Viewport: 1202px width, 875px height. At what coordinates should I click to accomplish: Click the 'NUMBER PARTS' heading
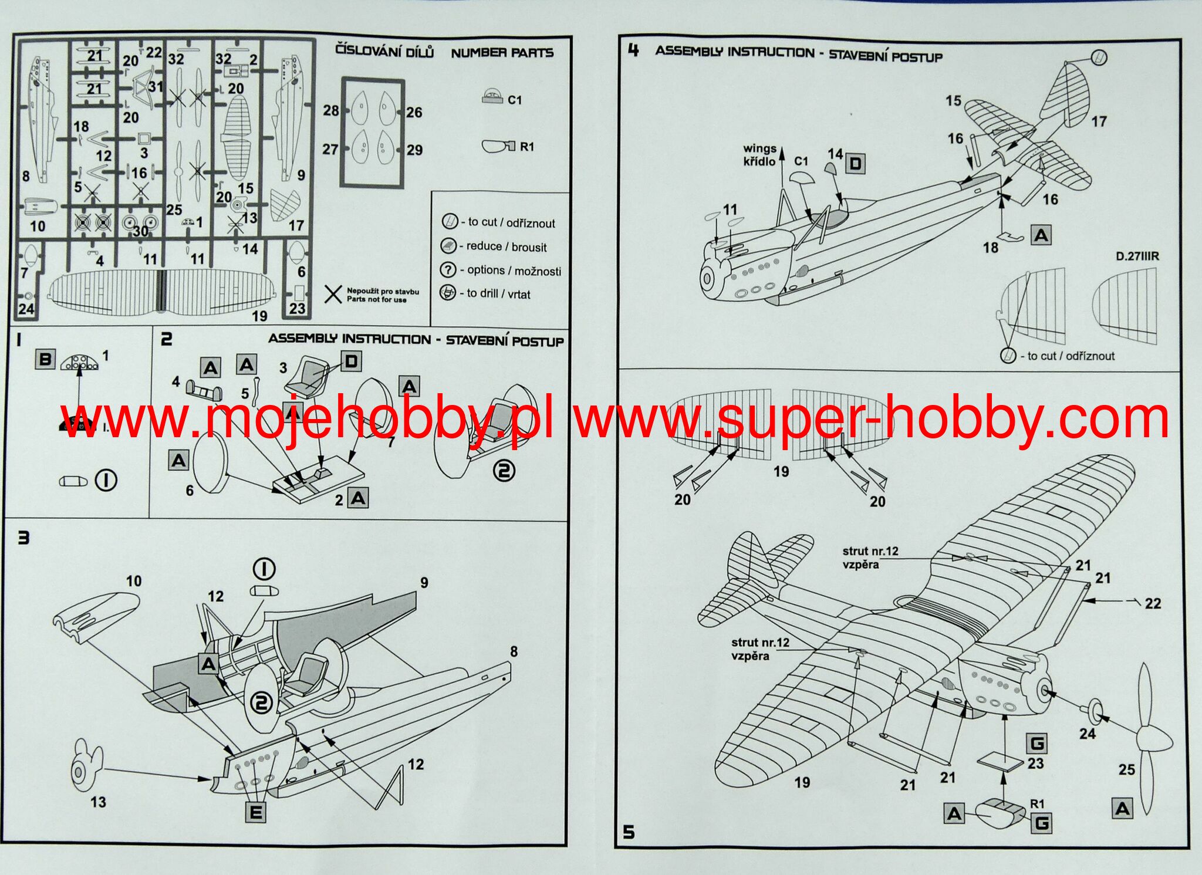pos(502,53)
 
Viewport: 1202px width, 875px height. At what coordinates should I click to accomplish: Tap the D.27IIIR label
pos(1137,256)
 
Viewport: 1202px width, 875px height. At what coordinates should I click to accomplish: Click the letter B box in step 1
pos(45,359)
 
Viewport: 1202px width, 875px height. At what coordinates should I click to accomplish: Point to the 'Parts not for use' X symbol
pos(333,294)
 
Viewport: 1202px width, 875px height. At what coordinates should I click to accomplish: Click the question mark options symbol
pos(448,269)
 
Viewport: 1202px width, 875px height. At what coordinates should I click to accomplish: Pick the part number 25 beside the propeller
pos(1126,769)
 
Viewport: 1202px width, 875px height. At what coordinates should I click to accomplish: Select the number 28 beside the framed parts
pos(331,110)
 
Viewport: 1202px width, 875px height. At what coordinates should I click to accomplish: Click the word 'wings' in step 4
pos(759,148)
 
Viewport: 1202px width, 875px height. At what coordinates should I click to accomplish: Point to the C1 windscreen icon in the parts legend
pos(492,97)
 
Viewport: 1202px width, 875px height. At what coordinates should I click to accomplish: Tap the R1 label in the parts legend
pos(527,147)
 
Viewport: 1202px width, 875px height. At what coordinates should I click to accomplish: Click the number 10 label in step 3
pos(134,581)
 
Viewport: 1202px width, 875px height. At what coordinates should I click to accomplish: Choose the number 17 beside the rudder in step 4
pos(1099,121)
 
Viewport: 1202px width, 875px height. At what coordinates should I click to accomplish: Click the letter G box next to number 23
pos(1037,744)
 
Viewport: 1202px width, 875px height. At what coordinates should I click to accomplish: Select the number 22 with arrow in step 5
pos(1153,603)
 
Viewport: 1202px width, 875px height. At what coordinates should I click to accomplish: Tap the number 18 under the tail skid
pos(991,248)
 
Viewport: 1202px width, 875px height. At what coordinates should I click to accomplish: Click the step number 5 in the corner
pos(629,832)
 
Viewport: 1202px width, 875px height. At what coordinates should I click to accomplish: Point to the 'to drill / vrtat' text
pos(498,293)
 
